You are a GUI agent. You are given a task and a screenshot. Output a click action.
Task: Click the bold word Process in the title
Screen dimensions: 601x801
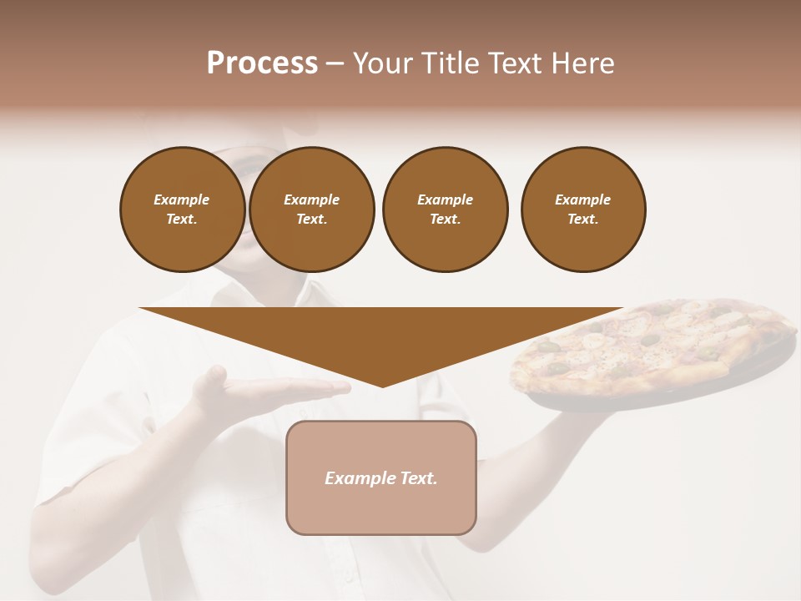(x=262, y=63)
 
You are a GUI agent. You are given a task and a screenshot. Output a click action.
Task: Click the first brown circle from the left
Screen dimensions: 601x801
(x=182, y=210)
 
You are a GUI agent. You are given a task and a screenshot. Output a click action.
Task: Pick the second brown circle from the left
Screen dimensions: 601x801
(x=312, y=210)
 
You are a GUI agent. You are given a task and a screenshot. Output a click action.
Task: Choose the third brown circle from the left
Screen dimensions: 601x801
(x=445, y=210)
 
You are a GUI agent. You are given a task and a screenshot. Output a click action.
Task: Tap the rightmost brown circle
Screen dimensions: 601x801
(x=583, y=210)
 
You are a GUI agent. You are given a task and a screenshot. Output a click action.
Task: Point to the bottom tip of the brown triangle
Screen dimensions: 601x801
(x=382, y=386)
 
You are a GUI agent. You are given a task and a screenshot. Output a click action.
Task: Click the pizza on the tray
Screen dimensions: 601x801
(x=651, y=346)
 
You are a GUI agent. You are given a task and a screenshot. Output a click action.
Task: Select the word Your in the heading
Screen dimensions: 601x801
(x=380, y=63)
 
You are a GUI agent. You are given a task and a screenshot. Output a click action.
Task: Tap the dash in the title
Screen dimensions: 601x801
(x=335, y=65)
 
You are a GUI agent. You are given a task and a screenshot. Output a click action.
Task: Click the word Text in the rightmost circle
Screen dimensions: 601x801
(x=582, y=220)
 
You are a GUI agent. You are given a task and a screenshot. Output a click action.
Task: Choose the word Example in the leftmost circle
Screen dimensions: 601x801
(x=182, y=199)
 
